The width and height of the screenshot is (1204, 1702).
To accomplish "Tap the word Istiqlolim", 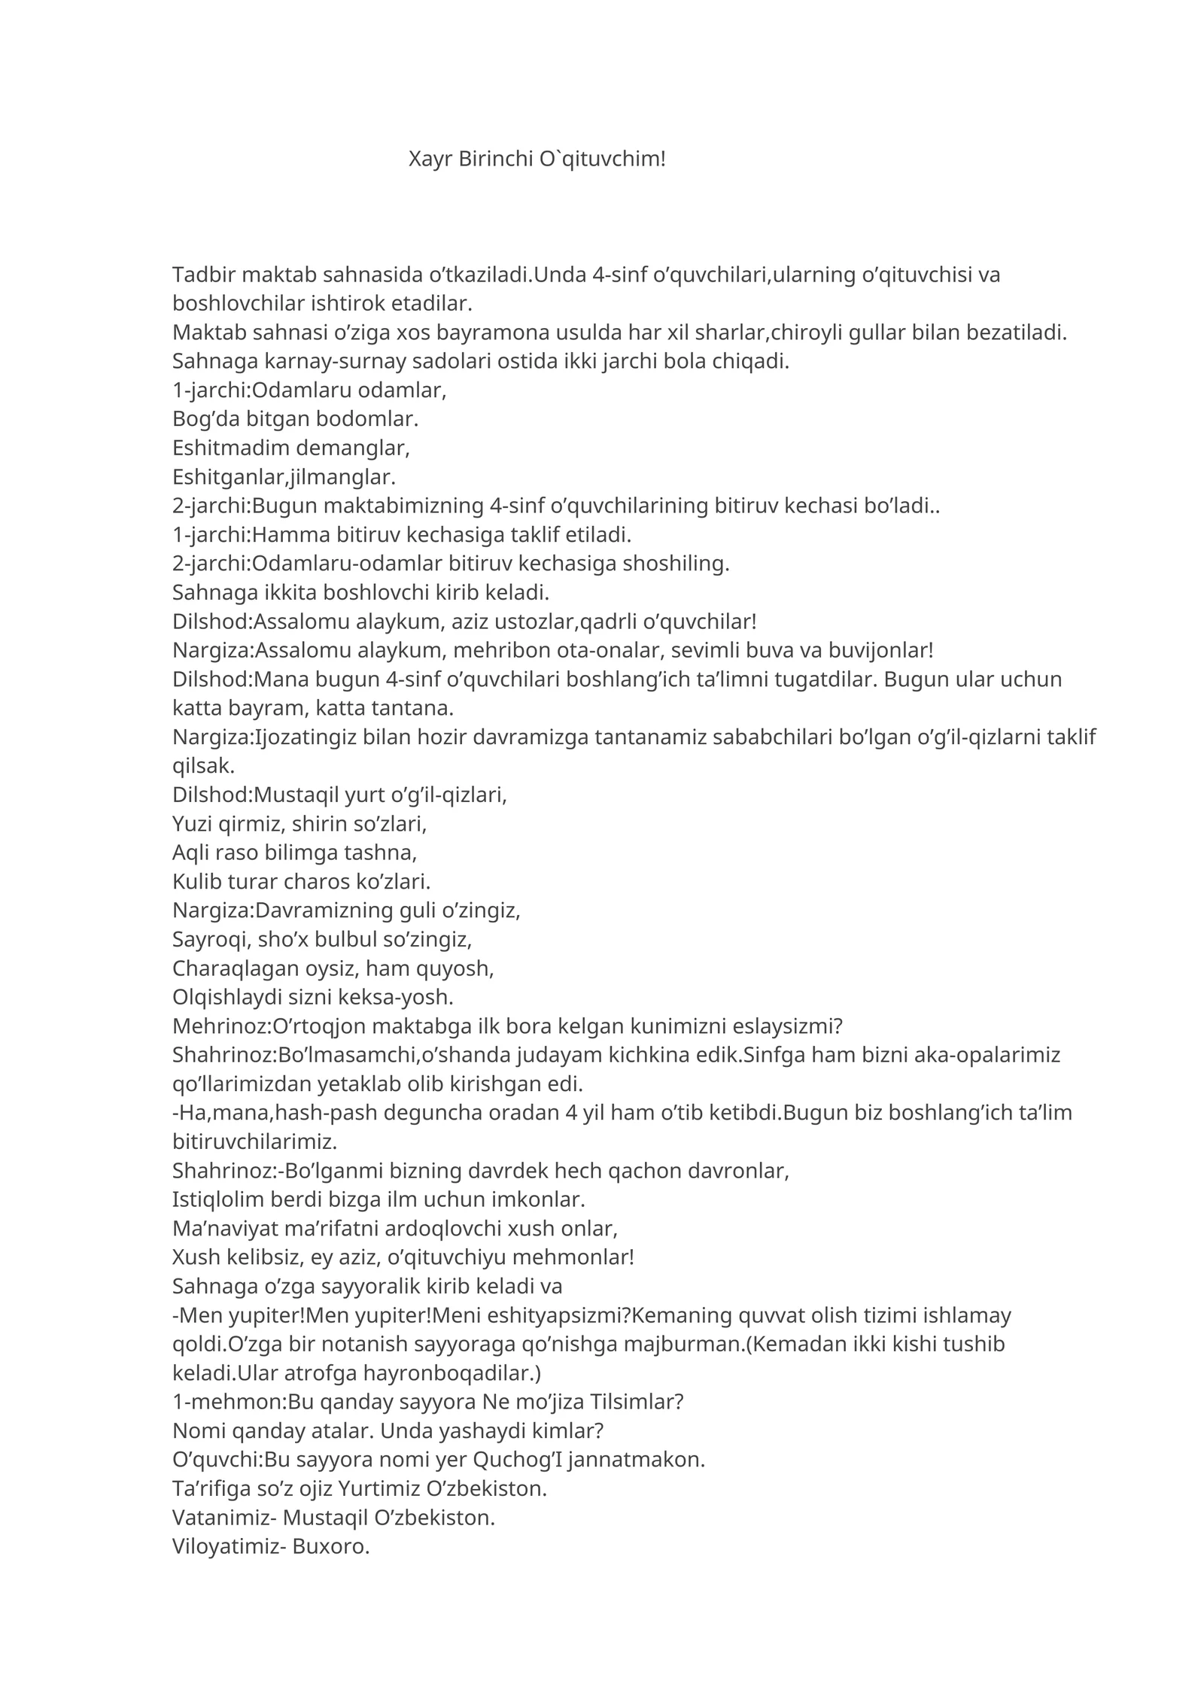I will [x=221, y=1199].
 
